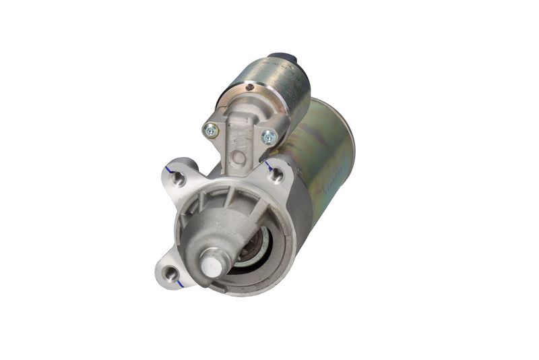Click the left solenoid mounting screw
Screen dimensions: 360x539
[x=211, y=131]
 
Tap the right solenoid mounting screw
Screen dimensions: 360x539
[x=269, y=137]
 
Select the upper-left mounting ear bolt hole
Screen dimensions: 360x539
[x=179, y=179]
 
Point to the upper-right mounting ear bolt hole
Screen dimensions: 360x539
[x=276, y=175]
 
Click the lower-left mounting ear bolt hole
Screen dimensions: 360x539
[x=171, y=273]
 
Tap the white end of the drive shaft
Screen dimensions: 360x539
[x=212, y=266]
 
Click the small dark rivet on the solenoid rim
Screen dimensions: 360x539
[x=250, y=87]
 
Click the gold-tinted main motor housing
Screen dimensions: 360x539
[x=323, y=169]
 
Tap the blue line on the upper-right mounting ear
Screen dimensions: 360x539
[x=268, y=164]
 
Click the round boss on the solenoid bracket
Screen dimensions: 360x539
[x=239, y=157]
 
